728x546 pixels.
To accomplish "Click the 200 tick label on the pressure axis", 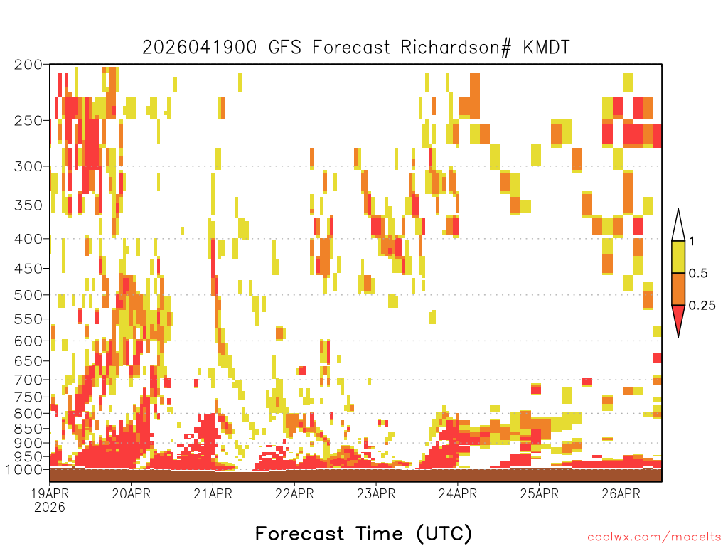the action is pos(28,65).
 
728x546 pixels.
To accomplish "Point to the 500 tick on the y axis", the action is pos(28,295).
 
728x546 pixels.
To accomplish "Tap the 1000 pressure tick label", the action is pos(24,470).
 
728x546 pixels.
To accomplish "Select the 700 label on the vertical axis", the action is pos(28,380).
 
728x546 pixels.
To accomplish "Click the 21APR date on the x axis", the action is pos(213,493).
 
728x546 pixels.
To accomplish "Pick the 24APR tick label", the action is pos(458,493).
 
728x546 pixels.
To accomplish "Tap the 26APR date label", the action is pos(621,493).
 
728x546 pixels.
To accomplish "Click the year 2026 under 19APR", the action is pos(50,508).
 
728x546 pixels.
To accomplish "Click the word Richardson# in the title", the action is pos(456,48).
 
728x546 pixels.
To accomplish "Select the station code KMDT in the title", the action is pos(546,48).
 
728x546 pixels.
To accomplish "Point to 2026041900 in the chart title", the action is pos(199,48).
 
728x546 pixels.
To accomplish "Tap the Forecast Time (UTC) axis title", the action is pos(363,533).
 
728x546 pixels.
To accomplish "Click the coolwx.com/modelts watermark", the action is pos(654,537).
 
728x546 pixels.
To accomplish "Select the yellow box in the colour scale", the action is pos(678,257).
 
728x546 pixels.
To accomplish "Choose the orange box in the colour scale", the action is pos(678,289).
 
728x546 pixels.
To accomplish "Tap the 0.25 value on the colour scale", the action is pos(702,306).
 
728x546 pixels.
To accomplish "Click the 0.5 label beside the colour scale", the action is pos(698,274).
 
